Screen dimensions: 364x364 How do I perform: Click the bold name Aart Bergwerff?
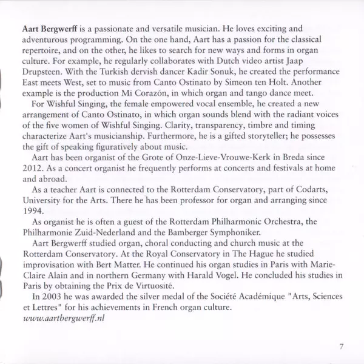(x=50, y=29)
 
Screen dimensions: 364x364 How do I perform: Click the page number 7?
(x=342, y=346)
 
